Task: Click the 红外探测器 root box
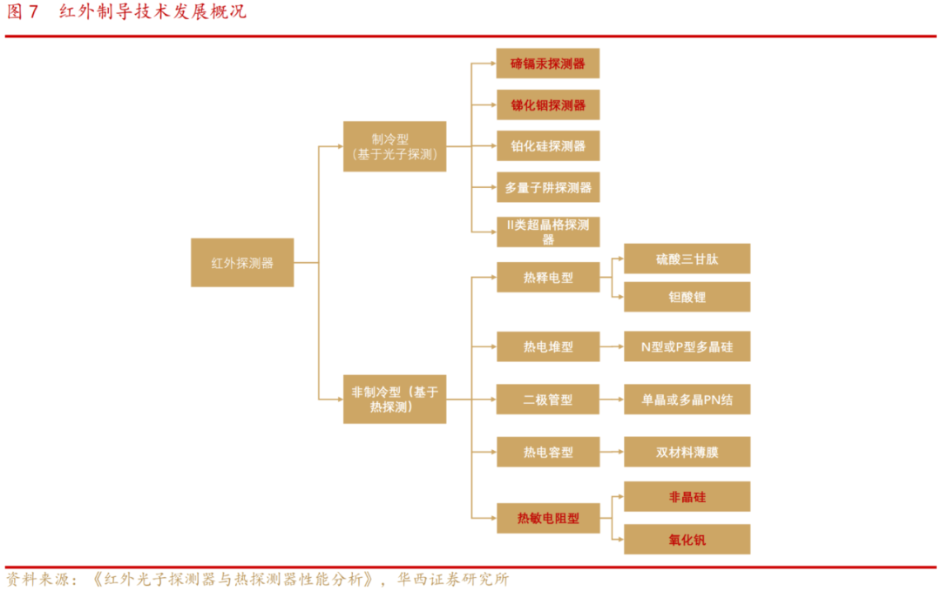point(242,262)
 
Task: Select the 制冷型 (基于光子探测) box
point(395,146)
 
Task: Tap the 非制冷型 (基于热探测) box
point(395,400)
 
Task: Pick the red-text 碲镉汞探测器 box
point(548,64)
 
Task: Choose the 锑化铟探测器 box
point(548,105)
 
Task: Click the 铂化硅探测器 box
point(548,146)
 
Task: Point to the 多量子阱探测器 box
point(548,187)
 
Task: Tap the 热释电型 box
point(548,278)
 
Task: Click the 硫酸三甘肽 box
point(687,259)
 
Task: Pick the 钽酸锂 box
point(687,297)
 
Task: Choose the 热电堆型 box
point(548,346)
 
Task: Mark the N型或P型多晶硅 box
point(687,346)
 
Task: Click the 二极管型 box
point(548,400)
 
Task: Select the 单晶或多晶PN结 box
point(687,400)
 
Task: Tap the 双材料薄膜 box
point(687,453)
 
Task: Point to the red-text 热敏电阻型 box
point(548,519)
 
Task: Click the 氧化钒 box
point(687,540)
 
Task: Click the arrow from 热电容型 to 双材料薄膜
point(613,453)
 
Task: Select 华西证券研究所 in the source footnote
point(453,579)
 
